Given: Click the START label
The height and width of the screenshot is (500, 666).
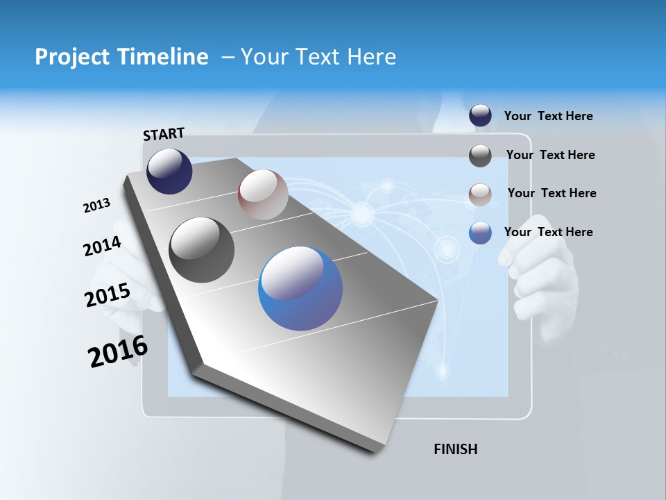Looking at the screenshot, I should (x=164, y=134).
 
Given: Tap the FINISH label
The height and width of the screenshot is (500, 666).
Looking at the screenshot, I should (x=455, y=449).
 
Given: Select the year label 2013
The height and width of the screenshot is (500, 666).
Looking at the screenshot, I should (x=96, y=206).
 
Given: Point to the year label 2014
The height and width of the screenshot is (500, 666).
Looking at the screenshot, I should (x=102, y=247).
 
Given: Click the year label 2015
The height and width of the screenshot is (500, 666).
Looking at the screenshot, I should (x=107, y=295).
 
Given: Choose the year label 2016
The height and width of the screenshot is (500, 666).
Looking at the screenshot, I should (x=118, y=351).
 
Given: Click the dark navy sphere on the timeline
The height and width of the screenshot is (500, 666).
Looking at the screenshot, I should (x=169, y=171).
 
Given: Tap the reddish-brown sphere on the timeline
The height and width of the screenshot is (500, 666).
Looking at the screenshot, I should (x=263, y=194).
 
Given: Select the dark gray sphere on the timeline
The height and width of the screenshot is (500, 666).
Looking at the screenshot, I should (x=202, y=250).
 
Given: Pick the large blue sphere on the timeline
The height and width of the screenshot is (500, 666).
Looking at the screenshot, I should (x=300, y=288).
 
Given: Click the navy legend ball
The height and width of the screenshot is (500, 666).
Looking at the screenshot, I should (x=480, y=115).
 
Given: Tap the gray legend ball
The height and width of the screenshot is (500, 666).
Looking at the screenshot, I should (x=480, y=156).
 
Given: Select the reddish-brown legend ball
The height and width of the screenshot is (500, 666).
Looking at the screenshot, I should (x=480, y=194).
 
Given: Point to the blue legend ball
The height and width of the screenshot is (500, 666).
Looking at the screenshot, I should (x=480, y=233).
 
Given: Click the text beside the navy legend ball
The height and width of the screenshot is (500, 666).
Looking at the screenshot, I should (x=548, y=116).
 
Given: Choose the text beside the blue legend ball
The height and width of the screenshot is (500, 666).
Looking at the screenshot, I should (x=548, y=232).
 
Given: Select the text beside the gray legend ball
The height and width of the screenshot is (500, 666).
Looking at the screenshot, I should (x=550, y=155).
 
